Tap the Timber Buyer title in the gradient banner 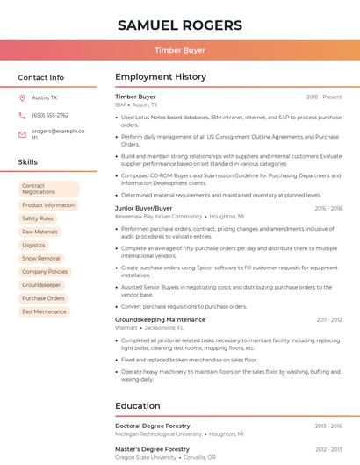click(x=180, y=50)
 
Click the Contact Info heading click(x=40, y=77)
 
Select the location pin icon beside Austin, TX click(x=22, y=98)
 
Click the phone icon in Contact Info click(x=22, y=115)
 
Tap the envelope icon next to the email click(x=22, y=134)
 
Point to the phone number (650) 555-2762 click(x=50, y=115)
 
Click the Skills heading click(x=28, y=162)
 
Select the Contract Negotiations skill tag click(x=48, y=189)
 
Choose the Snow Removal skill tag click(x=41, y=259)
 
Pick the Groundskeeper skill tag click(x=41, y=285)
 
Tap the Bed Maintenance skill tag click(x=44, y=311)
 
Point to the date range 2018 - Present click(x=324, y=97)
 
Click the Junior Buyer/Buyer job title click(x=144, y=208)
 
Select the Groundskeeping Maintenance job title click(x=160, y=320)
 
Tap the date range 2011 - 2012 click(x=329, y=320)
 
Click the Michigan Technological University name click(x=158, y=433)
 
